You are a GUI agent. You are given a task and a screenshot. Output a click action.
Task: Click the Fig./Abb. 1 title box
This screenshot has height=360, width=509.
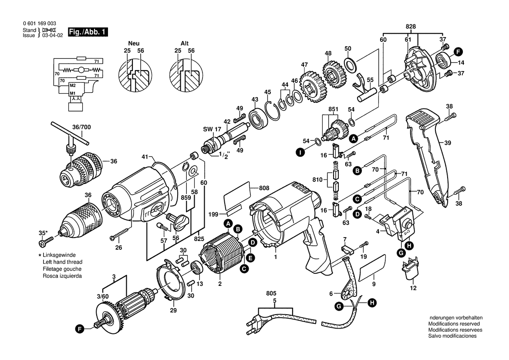(88, 32)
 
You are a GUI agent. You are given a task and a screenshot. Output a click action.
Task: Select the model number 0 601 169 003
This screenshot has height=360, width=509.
(40, 24)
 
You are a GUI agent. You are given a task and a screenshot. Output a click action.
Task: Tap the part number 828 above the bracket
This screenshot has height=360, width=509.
(411, 27)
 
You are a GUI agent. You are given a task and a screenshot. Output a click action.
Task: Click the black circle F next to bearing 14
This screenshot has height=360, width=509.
(458, 51)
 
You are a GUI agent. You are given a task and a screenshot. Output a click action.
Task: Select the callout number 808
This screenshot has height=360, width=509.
(264, 188)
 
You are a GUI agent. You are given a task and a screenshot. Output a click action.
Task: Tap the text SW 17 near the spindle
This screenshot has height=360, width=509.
(212, 129)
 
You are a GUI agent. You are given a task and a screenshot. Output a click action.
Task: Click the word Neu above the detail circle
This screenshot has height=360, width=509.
(134, 43)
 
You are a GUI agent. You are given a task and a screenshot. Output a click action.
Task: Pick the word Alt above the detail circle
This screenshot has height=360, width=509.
(184, 43)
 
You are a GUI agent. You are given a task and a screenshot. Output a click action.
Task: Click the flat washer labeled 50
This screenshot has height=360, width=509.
(351, 65)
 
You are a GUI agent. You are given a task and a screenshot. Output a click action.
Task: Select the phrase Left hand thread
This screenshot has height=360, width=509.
(63, 262)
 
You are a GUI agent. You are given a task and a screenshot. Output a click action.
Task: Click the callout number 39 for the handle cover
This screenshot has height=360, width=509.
(448, 143)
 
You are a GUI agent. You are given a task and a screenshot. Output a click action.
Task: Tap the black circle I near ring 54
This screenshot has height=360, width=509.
(300, 153)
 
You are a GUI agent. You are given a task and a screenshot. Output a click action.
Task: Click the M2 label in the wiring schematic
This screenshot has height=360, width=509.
(72, 85)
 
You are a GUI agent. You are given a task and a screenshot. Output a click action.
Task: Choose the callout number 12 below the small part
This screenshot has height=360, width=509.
(413, 288)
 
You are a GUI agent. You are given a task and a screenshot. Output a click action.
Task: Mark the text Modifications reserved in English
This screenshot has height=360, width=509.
(454, 324)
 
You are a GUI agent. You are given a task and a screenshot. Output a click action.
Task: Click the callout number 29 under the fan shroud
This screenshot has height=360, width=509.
(173, 310)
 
